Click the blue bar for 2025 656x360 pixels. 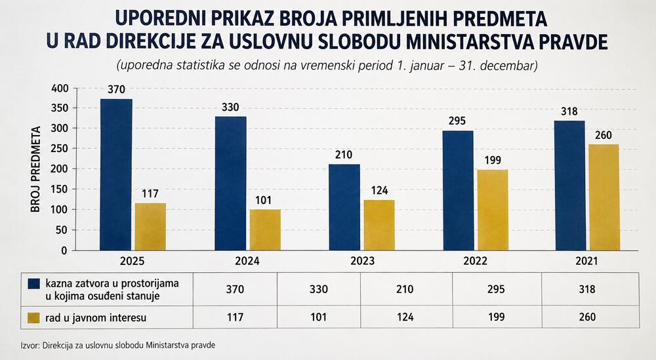point(116,175)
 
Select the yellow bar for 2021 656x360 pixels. point(604,197)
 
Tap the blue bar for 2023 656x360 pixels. point(344,207)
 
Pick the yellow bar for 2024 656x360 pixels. point(265,230)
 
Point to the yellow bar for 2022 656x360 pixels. point(493,210)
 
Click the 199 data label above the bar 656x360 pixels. point(493,161)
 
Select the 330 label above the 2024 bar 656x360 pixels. point(230,108)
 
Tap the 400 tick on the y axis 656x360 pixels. point(60,89)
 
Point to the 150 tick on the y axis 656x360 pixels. point(60,190)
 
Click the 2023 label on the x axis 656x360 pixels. point(362,262)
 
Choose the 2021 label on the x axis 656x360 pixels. point(586,262)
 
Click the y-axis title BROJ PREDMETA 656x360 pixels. point(36,169)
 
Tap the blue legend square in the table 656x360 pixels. point(33,283)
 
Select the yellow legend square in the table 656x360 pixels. point(33,317)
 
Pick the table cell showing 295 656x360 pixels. point(496,289)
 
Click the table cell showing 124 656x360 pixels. point(405,317)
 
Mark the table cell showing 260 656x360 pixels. point(587,317)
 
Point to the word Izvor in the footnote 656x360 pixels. point(29,346)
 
